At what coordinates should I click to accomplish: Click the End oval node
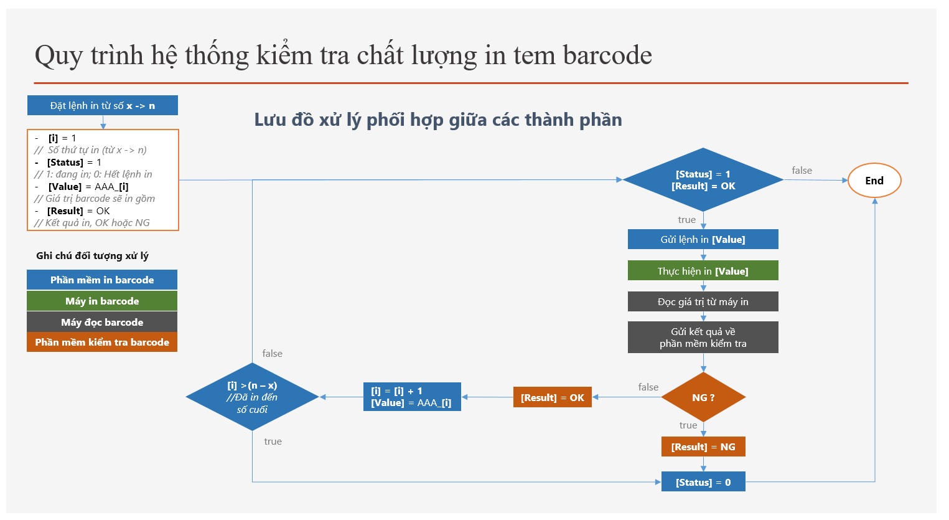874,181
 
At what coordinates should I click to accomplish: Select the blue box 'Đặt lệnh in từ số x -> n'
103,105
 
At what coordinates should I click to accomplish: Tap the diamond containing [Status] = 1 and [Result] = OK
703,180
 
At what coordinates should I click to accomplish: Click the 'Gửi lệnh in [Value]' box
703,239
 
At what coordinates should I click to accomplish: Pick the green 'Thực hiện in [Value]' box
703,271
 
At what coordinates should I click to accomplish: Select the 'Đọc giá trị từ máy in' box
703,301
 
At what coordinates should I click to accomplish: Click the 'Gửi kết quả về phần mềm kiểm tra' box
703,337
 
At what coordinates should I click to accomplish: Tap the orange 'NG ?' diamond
703,397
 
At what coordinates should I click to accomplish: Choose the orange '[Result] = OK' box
552,397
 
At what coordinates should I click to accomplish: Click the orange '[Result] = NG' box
703,447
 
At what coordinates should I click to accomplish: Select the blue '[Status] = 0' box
703,482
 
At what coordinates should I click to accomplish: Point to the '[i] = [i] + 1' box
412,397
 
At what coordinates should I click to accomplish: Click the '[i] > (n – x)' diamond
252,397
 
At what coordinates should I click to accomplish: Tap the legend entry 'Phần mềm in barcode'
102,280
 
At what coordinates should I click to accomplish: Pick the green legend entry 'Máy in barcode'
102,301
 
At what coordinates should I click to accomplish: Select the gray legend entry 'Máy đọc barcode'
102,322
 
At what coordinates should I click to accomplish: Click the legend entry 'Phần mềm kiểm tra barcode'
102,342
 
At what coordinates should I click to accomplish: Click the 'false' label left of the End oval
802,170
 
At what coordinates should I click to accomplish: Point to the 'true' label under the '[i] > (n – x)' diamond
273,441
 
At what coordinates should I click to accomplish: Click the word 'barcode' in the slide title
607,55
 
